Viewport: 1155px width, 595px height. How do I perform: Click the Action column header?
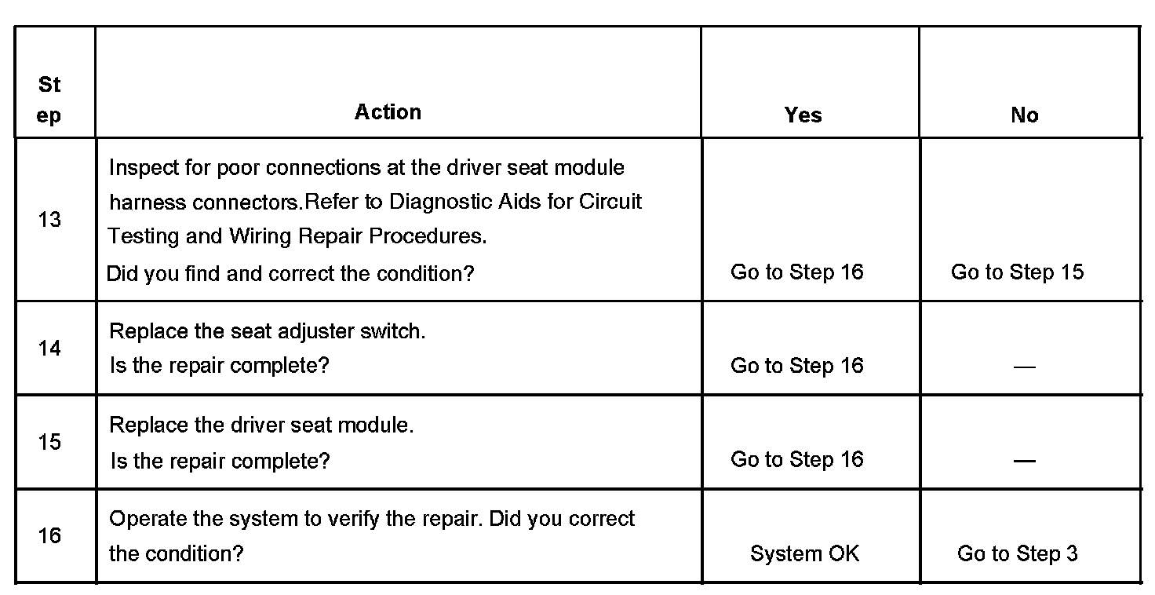388,112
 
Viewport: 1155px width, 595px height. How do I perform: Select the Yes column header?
803,115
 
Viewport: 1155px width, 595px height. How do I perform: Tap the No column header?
1024,115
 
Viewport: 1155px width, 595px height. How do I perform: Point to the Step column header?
49,100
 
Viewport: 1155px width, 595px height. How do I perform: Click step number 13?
49,220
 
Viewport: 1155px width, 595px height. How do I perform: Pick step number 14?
49,348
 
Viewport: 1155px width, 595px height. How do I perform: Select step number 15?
49,442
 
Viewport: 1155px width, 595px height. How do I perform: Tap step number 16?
49,535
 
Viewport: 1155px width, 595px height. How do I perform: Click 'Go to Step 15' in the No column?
1017,272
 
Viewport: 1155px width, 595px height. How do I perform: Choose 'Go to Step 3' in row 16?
1017,553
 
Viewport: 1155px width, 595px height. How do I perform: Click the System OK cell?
804,553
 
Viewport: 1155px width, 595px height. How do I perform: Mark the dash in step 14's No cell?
1024,367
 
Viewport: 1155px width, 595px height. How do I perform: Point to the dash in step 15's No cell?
1024,461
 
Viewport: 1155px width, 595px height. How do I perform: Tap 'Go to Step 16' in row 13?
796,272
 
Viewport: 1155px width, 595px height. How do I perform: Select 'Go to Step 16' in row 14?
796,366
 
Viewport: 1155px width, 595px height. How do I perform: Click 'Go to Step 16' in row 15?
796,459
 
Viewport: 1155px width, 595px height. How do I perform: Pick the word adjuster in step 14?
313,331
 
